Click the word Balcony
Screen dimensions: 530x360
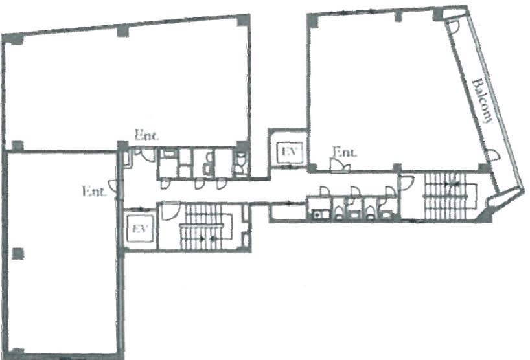click(482, 100)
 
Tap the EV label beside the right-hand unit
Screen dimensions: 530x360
click(290, 152)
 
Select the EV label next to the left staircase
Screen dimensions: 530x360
click(139, 229)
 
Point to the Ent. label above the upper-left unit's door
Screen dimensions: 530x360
click(146, 135)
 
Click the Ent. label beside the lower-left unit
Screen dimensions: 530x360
click(94, 192)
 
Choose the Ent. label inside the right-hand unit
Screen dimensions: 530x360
click(345, 152)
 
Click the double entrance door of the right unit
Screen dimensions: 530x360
click(340, 165)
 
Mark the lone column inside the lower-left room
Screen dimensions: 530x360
click(17, 254)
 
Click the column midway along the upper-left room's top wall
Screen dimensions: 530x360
click(123, 31)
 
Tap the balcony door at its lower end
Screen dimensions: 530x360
click(492, 155)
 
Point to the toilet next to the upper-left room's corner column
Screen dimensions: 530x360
click(240, 162)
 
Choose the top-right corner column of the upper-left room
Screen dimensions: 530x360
click(244, 20)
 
